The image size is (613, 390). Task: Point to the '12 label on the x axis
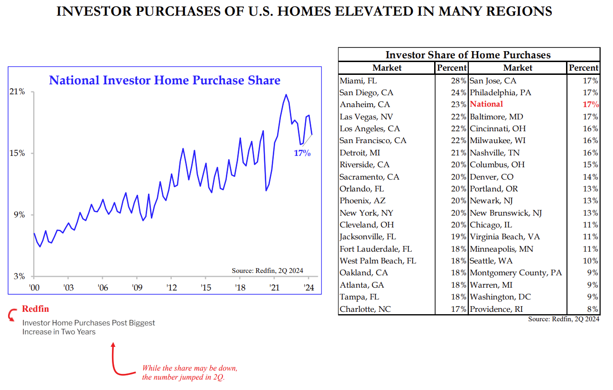coord(171,288)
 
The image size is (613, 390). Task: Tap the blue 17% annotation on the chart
coord(302,154)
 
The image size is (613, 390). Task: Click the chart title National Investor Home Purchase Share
coord(165,80)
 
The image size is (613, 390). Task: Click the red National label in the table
coord(486,104)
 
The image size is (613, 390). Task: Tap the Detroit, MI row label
coord(360,153)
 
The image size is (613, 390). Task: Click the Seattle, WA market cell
coord(491,261)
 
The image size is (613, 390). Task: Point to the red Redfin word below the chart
coord(36,309)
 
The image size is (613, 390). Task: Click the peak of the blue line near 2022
coord(286,94)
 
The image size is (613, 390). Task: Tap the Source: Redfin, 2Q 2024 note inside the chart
coord(267,271)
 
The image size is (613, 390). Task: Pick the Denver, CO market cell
coord(492,177)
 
